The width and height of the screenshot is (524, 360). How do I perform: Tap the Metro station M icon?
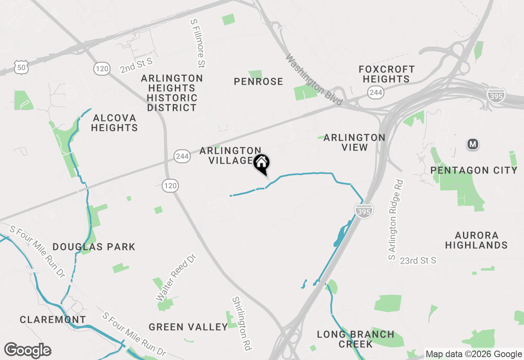coord(473,144)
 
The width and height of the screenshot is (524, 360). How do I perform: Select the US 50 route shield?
coord(20,68)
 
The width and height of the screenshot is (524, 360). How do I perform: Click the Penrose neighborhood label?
coord(258,81)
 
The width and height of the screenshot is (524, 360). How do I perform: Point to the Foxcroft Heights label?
coord(386,74)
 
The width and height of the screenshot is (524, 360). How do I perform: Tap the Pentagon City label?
coord(474,170)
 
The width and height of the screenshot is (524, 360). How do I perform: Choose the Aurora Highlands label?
coord(477,240)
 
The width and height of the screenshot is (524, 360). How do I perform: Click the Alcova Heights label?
coord(114,123)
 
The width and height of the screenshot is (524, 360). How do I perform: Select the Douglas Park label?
coord(94,247)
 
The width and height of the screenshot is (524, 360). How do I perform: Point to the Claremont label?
coord(53,319)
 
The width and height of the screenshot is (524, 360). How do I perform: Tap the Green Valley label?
coord(188,327)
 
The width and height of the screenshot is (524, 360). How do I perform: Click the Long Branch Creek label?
coord(355,339)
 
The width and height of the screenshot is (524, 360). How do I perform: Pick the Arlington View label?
coord(354,142)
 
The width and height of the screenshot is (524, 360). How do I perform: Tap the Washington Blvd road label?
coord(314,80)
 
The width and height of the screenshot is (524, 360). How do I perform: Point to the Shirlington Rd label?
coord(241,323)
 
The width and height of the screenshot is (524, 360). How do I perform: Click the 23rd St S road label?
coord(418,260)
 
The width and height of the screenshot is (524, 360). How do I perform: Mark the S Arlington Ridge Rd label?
coord(395,220)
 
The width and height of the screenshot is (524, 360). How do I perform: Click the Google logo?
coord(27,351)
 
